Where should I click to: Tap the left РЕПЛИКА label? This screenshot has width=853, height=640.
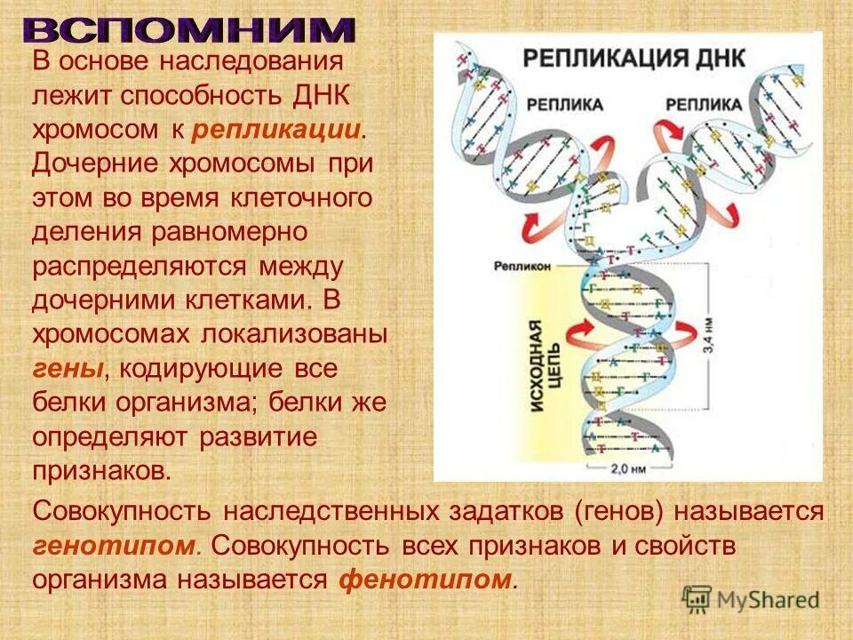point(564,104)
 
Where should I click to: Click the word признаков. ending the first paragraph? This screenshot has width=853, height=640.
point(100,469)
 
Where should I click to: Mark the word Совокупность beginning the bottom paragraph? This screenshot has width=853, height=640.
point(122,511)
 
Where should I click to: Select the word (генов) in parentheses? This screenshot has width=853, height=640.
point(618,511)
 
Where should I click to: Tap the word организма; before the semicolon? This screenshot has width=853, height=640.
point(187,402)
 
